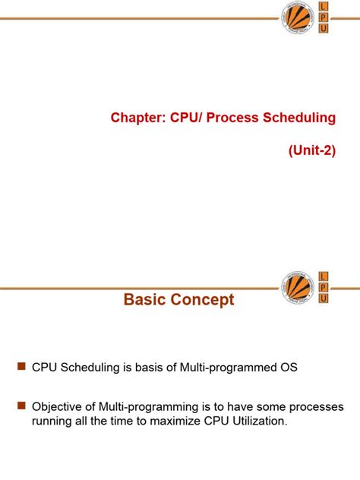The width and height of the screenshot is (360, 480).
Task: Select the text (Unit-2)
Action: pos(311,150)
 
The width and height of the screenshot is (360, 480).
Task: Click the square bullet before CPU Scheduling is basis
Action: pos(21,367)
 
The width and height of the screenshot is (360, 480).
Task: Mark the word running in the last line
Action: pos(52,420)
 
